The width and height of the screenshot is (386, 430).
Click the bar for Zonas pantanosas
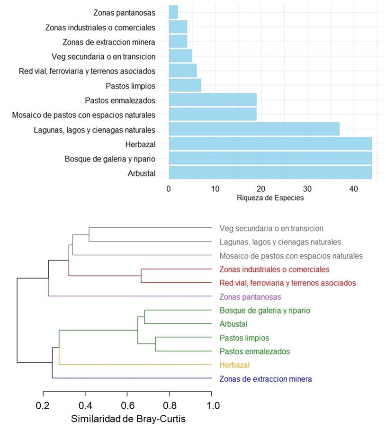pyautogui.click(x=173, y=12)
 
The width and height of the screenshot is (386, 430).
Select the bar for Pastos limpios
pyautogui.click(x=185, y=86)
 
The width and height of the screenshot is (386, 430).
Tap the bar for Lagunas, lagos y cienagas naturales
pyautogui.click(x=254, y=129)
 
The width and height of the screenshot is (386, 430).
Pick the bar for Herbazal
pyautogui.click(x=270, y=143)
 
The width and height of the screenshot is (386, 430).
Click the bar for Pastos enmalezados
pyautogui.click(x=213, y=100)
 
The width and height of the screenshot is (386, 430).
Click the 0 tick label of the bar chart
pyautogui.click(x=169, y=188)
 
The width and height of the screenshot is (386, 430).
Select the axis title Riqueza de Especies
pyautogui.click(x=270, y=198)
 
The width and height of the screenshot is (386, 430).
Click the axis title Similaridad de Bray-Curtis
pyautogui.click(x=128, y=419)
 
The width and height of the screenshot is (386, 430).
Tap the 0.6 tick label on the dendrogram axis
pyautogui.click(x=127, y=406)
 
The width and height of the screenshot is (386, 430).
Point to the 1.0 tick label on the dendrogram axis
pyautogui.click(x=212, y=406)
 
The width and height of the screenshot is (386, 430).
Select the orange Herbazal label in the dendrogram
pyautogui.click(x=234, y=365)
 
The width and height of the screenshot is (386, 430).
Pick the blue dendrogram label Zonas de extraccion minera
pyautogui.click(x=265, y=379)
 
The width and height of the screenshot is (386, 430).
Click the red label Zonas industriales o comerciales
pyautogui.click(x=274, y=269)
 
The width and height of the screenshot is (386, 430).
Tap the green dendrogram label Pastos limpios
pyautogui.click(x=244, y=338)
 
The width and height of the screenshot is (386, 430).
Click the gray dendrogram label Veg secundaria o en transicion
pyautogui.click(x=271, y=228)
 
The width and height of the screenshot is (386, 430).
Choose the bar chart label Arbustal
pyautogui.click(x=142, y=173)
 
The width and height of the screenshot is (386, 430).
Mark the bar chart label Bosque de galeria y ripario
pyautogui.click(x=110, y=159)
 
